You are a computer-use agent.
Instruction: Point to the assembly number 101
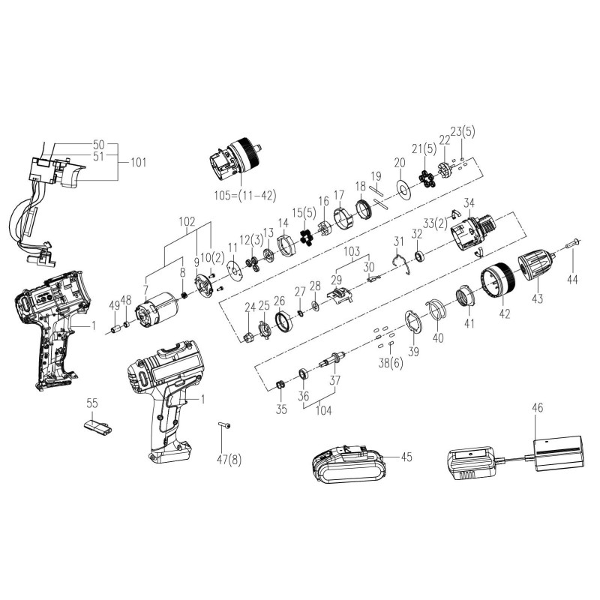(x=139, y=161)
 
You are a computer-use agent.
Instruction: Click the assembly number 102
(x=187, y=222)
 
